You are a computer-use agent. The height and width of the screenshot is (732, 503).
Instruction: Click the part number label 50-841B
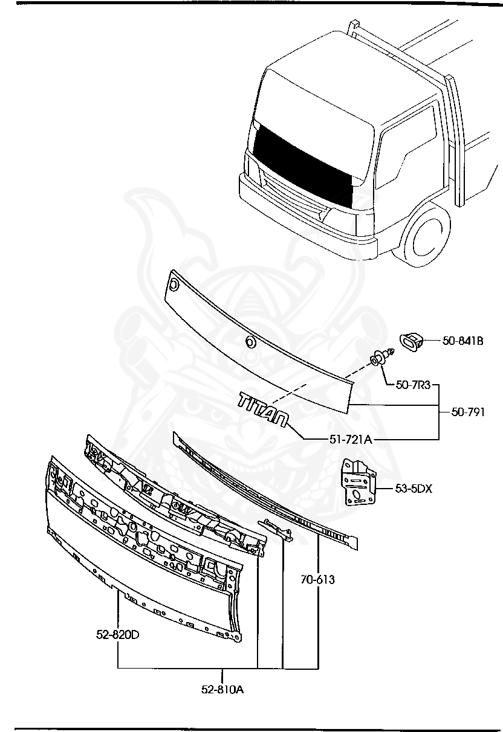pyautogui.click(x=462, y=341)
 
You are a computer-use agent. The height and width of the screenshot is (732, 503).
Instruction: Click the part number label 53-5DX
pyautogui.click(x=414, y=489)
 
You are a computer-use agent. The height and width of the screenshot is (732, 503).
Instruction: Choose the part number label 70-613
pyautogui.click(x=317, y=580)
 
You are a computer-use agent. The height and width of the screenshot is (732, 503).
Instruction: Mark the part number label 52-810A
pyautogui.click(x=222, y=689)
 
